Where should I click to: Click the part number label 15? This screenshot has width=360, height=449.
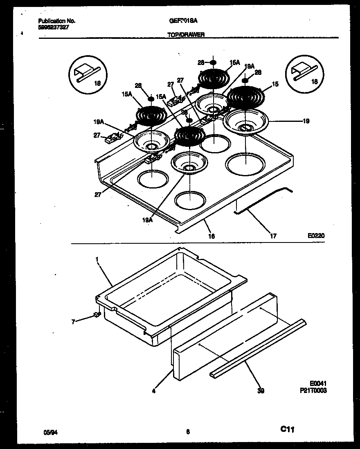[x=275, y=84]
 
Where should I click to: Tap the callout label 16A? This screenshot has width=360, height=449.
[x=234, y=63]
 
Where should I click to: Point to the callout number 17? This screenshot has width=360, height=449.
[x=273, y=236]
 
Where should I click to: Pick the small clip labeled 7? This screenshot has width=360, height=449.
[x=97, y=314]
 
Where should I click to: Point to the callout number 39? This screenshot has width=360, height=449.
[x=261, y=391]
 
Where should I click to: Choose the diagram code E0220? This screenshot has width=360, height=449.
[x=317, y=236]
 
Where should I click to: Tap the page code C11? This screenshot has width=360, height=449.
[x=288, y=429]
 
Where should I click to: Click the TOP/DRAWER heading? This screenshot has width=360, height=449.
[x=186, y=35]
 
